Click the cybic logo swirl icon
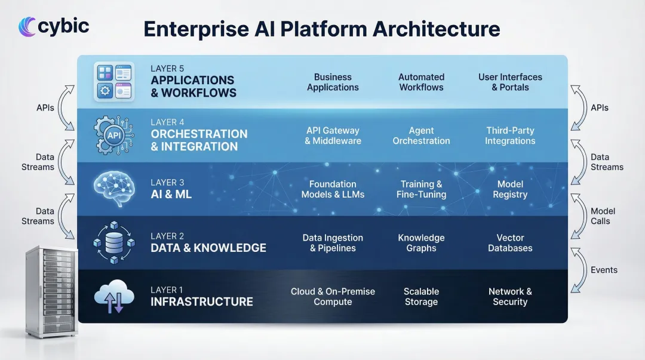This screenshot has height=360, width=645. [27, 27]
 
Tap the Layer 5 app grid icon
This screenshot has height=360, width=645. [115, 82]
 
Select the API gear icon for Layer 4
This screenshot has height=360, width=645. [113, 136]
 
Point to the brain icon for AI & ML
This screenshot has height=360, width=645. [113, 189]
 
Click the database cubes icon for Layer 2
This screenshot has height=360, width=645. [113, 242]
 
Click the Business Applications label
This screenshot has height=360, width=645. [333, 82]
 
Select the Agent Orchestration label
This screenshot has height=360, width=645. [421, 136]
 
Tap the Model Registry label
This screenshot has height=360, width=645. [510, 189]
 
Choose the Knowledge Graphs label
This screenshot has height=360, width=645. [421, 243]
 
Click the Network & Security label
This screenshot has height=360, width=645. [510, 297]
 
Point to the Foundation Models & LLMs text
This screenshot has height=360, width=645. [333, 189]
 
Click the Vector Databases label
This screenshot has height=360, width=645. [510, 243]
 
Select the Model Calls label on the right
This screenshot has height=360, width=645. [603, 216]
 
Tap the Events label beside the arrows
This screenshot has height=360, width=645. [604, 270]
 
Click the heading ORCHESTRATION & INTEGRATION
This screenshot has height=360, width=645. [199, 140]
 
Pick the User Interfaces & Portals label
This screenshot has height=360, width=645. [510, 82]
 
